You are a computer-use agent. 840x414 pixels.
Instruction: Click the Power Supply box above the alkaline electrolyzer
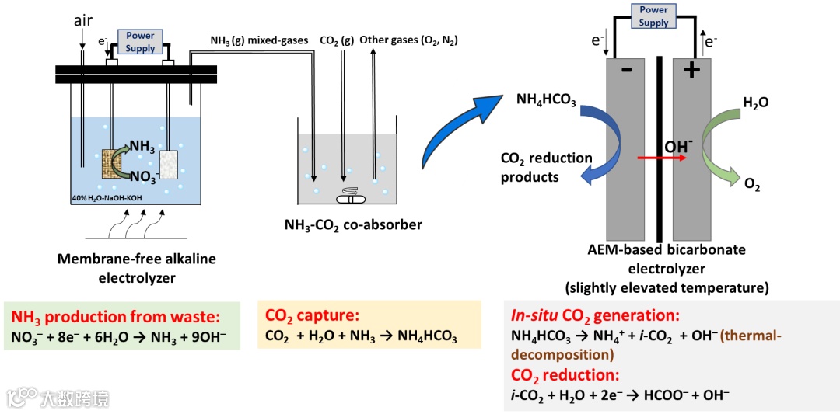(x=141, y=41)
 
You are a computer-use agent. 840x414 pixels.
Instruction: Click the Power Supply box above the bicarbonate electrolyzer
(x=653, y=16)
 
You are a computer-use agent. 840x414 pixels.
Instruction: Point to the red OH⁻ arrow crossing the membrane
(x=660, y=158)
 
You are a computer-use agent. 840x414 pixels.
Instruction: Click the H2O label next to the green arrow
(x=755, y=102)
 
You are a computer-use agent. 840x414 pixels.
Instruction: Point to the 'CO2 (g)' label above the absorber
(x=337, y=40)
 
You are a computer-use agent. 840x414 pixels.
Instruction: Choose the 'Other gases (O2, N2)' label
(x=408, y=40)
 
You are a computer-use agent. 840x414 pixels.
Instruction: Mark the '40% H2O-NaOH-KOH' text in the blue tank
(x=104, y=199)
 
